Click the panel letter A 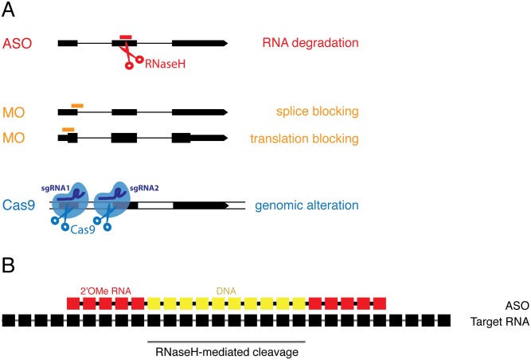pyautogui.click(x=10, y=11)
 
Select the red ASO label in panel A pyautogui.click(x=18, y=41)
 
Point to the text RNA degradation pyautogui.click(x=310, y=41)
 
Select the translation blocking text pyautogui.click(x=303, y=139)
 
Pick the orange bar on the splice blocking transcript pyautogui.click(x=77, y=106)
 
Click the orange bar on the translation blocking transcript pyautogui.click(x=68, y=128)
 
